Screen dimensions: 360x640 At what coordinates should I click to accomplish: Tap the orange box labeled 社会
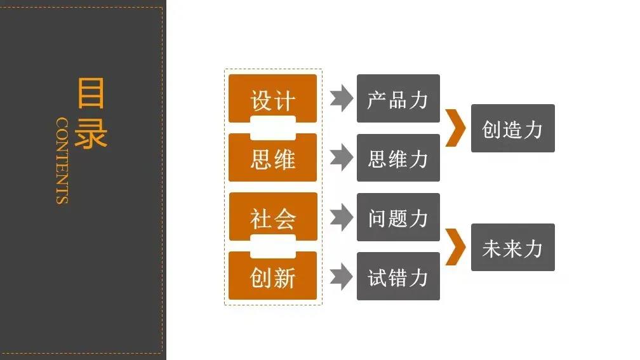[x=272, y=217]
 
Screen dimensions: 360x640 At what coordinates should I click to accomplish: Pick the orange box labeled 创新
[x=272, y=277]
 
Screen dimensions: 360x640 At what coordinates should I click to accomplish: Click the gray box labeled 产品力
[x=398, y=98]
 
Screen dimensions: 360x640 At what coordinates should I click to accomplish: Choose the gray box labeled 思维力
[x=398, y=157]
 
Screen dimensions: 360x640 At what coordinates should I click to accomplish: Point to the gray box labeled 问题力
[x=398, y=217]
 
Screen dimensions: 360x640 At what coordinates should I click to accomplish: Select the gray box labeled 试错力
[x=398, y=276]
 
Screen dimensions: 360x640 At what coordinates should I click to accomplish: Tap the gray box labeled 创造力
[x=512, y=128]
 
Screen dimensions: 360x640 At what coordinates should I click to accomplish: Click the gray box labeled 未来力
[x=512, y=247]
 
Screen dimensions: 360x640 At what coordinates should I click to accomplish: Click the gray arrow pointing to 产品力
[x=342, y=98]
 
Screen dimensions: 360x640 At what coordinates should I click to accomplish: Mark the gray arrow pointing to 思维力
[x=342, y=157]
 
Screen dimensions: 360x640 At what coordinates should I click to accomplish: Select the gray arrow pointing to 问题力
[x=342, y=217]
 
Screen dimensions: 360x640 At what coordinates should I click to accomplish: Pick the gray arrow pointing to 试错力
[x=342, y=276]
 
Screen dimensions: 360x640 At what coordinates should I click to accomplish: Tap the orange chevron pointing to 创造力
[x=455, y=128]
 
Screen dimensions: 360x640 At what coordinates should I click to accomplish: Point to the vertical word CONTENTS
[x=62, y=160]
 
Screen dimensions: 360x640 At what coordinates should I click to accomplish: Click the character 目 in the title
[x=90, y=93]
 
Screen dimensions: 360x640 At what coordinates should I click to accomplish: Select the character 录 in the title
[x=90, y=133]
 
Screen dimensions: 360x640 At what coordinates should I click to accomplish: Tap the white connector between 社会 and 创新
[x=272, y=246]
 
